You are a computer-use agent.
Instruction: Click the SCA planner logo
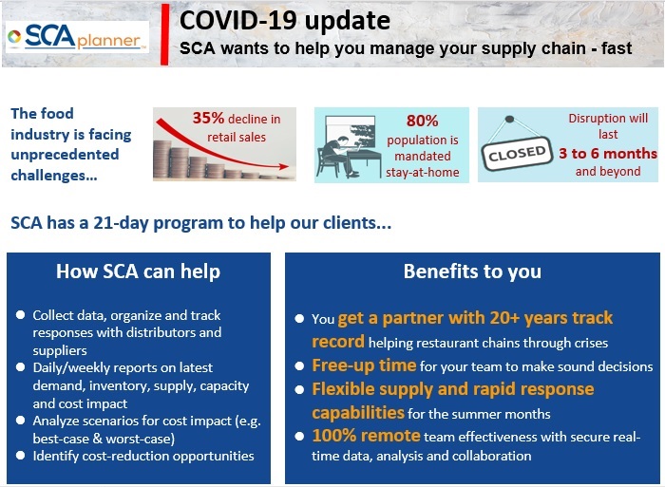tap(77, 37)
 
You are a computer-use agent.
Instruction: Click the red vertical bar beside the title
tap(164, 34)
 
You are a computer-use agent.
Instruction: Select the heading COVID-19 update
tap(285, 20)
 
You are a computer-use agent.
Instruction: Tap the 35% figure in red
tap(208, 118)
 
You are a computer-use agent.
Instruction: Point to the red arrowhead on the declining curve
tap(284, 166)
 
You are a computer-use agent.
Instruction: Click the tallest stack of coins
tap(161, 159)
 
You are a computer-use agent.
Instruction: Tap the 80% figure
tap(422, 121)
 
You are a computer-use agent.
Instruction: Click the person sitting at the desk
tap(338, 155)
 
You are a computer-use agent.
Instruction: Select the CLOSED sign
tap(517, 153)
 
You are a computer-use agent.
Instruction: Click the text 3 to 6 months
tap(608, 154)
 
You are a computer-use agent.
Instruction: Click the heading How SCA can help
tap(139, 272)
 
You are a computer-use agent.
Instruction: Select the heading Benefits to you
tap(472, 272)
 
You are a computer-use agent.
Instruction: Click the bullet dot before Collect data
tap(20, 314)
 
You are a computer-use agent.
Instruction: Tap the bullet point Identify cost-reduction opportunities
tap(143, 456)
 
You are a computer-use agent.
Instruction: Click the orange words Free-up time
tap(364, 365)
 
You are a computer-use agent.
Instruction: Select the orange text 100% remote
tap(366, 436)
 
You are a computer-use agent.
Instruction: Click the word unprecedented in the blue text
tap(65, 155)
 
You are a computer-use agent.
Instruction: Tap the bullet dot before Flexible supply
tap(299, 389)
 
